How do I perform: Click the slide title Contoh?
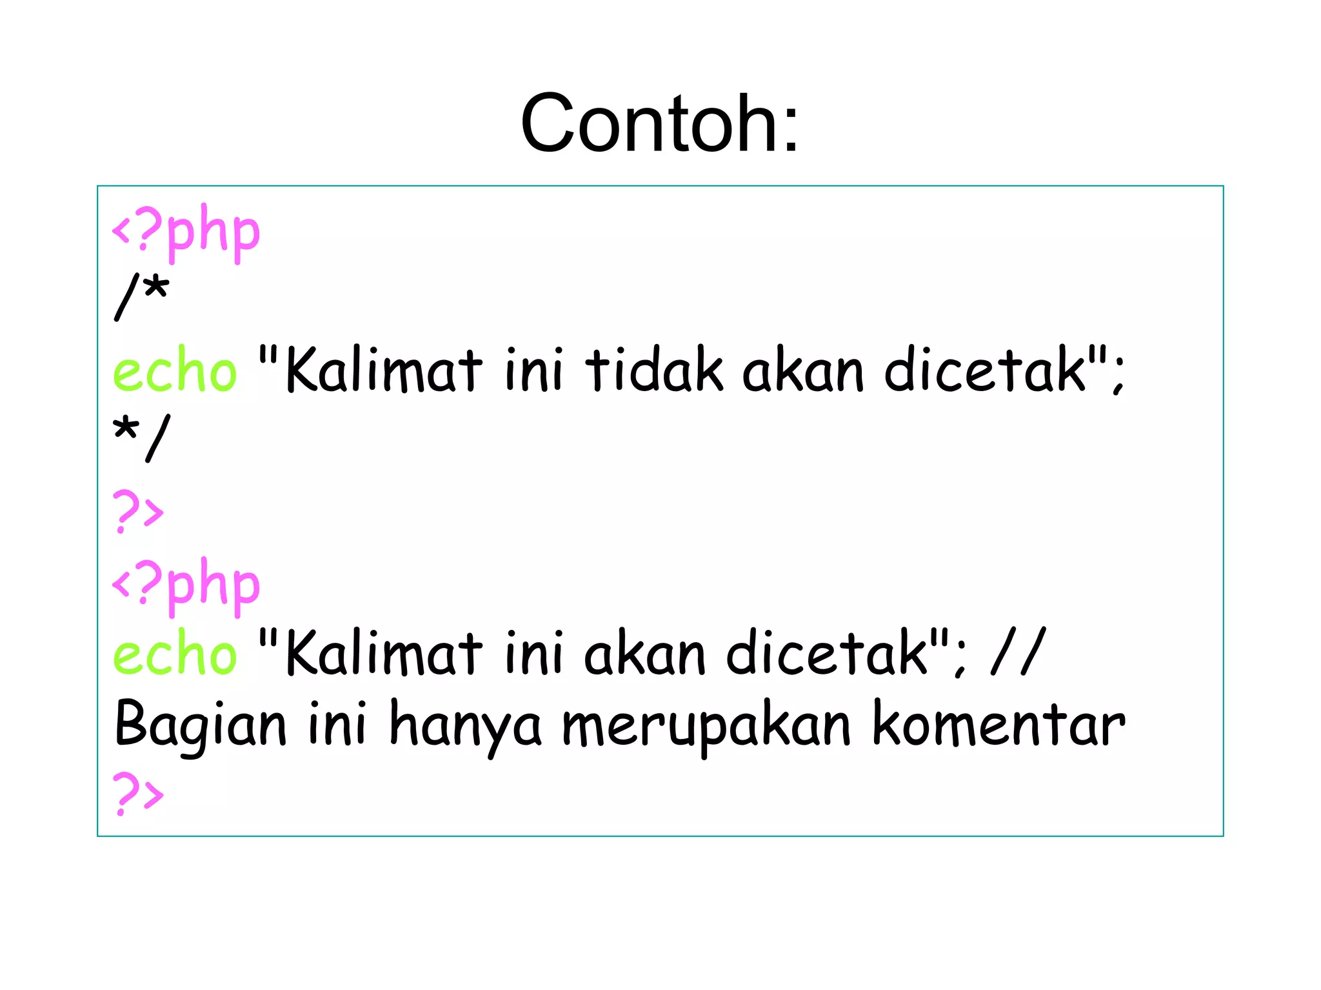(x=659, y=123)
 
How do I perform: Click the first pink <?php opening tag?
(x=186, y=231)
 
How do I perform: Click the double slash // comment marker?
(x=1018, y=652)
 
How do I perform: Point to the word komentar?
(x=998, y=725)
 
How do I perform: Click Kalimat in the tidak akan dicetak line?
(x=384, y=370)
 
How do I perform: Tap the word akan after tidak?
(x=803, y=370)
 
